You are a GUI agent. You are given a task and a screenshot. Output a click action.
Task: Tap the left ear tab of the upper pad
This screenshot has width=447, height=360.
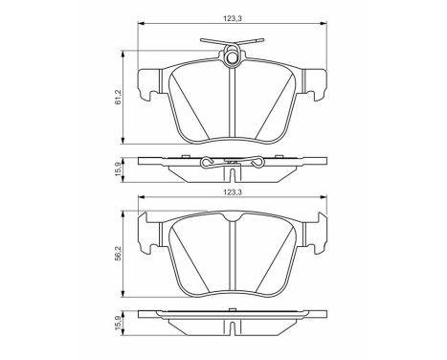click(x=148, y=83)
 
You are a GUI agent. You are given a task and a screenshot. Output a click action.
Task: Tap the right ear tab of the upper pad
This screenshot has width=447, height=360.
click(x=317, y=83)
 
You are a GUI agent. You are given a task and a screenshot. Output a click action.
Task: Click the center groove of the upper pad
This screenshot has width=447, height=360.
click(x=233, y=105)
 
